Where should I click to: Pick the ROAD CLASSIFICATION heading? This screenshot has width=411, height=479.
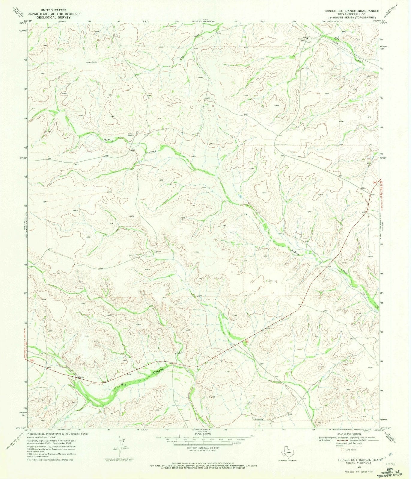[348, 434]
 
